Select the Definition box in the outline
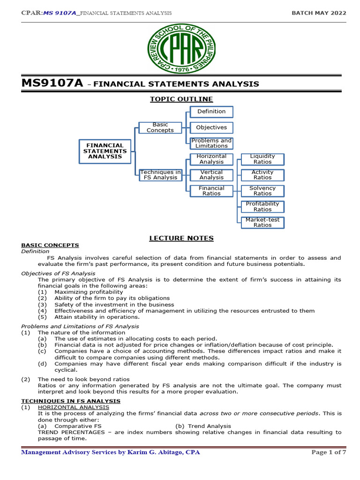point(211,112)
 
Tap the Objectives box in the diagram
point(211,127)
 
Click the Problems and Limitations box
point(211,143)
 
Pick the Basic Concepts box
point(160,127)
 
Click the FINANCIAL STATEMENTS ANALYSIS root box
point(105,151)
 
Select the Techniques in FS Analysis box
point(160,175)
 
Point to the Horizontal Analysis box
point(211,159)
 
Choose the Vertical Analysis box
point(211,175)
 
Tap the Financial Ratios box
point(211,191)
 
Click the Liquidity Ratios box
point(262,159)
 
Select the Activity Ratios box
point(262,175)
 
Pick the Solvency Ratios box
point(262,191)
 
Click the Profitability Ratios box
point(262,207)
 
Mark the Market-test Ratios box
point(262,222)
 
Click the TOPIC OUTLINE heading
point(181,99)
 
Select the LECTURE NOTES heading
point(181,238)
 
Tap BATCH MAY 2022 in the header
point(319,13)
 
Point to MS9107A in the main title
point(52,83)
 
